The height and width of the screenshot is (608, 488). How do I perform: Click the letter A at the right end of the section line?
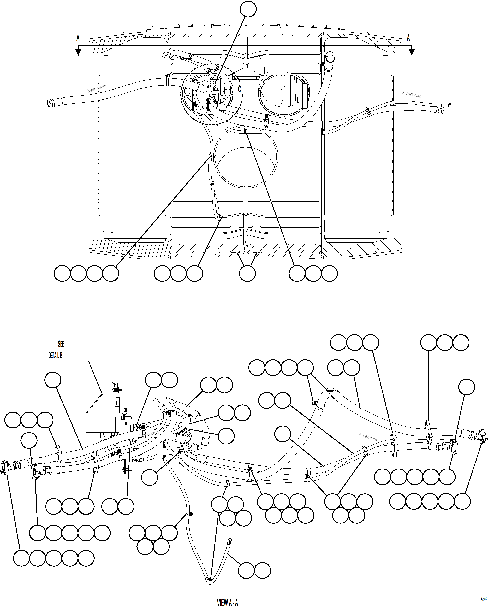coord(408,38)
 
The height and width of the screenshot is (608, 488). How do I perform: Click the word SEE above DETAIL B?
coord(61,344)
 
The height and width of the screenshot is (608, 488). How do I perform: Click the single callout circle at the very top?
coord(248,9)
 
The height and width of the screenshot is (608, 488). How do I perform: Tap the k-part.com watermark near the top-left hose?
coord(97,88)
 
